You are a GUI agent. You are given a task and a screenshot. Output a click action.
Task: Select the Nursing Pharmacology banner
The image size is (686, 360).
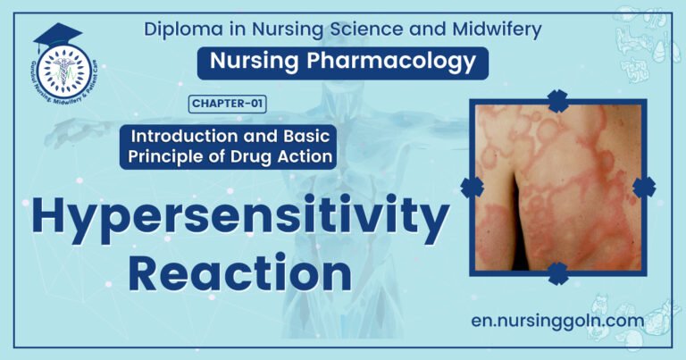tap(342, 63)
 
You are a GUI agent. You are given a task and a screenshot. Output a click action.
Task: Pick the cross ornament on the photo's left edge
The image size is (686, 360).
tap(471, 186)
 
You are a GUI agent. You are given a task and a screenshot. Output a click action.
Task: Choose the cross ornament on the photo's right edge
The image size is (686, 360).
tap(644, 186)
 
